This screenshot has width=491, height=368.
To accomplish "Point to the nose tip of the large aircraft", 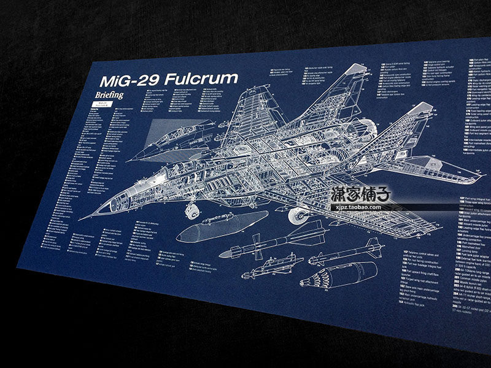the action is pyautogui.click(x=80, y=217).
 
